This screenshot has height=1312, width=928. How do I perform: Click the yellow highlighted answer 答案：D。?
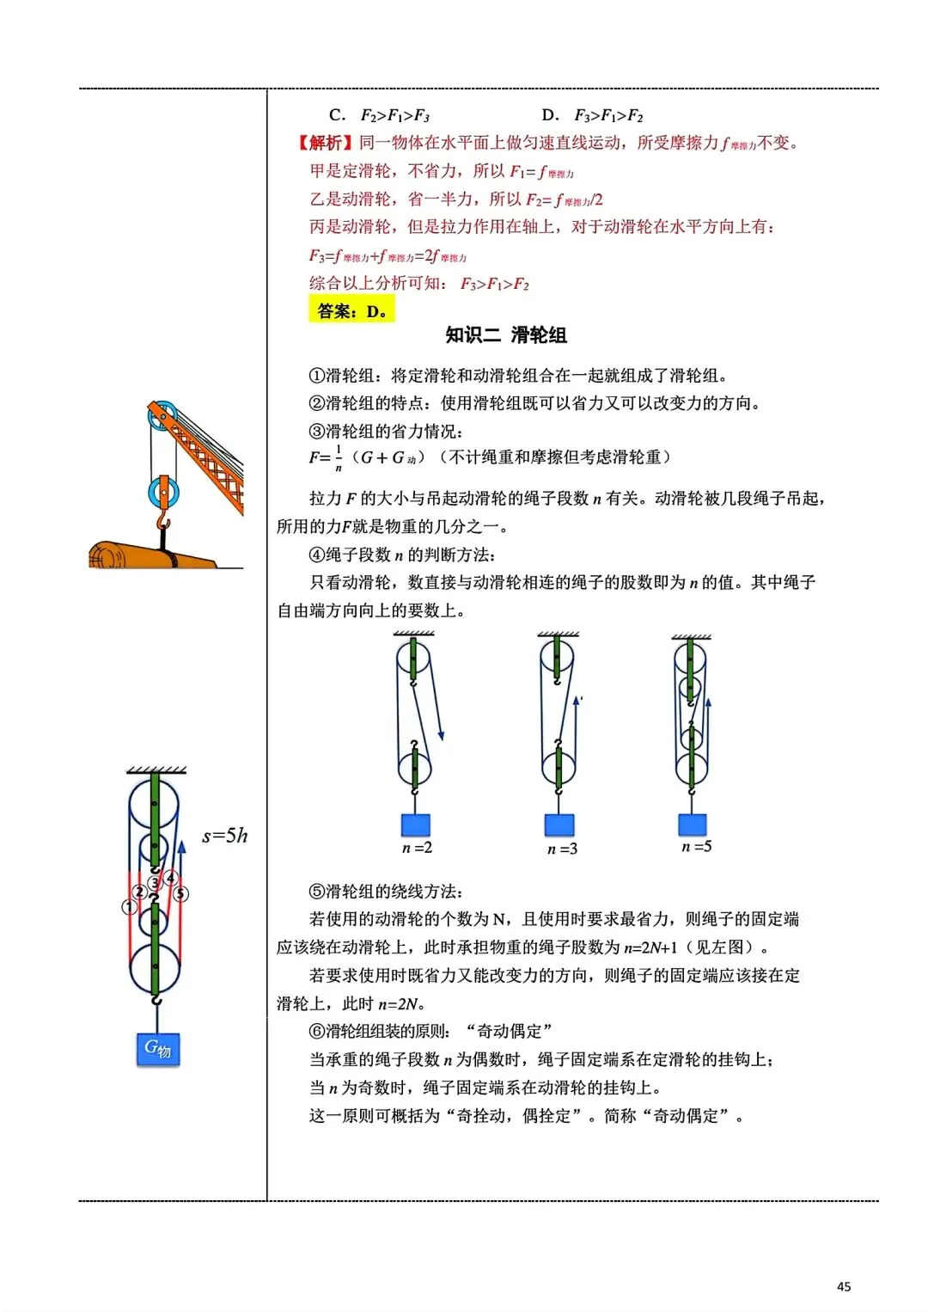coord(351,310)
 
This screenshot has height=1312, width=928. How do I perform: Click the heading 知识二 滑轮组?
coord(506,335)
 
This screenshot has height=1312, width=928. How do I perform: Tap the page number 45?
coord(843,1286)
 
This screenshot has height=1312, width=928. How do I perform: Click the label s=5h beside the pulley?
coord(224,835)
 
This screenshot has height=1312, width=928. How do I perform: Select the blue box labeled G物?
coord(158,1049)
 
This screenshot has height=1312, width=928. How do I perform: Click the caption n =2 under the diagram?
coord(417,848)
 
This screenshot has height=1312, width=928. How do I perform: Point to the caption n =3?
coord(562,849)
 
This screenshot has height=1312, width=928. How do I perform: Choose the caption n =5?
coord(696,847)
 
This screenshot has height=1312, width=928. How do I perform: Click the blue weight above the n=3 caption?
coord(559,825)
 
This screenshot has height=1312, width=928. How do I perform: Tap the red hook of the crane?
coord(163,523)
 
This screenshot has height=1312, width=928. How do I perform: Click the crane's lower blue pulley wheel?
coord(162,494)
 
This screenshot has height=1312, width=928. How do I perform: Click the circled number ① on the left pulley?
coord(129,906)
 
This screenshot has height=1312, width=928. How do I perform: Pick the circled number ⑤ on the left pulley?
coord(180,894)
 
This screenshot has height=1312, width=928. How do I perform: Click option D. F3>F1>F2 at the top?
coord(592,115)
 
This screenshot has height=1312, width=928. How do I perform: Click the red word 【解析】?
coord(325,143)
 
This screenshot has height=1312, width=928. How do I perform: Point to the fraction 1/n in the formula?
coord(339,458)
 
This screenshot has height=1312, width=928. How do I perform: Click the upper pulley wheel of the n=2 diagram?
coord(413,661)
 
